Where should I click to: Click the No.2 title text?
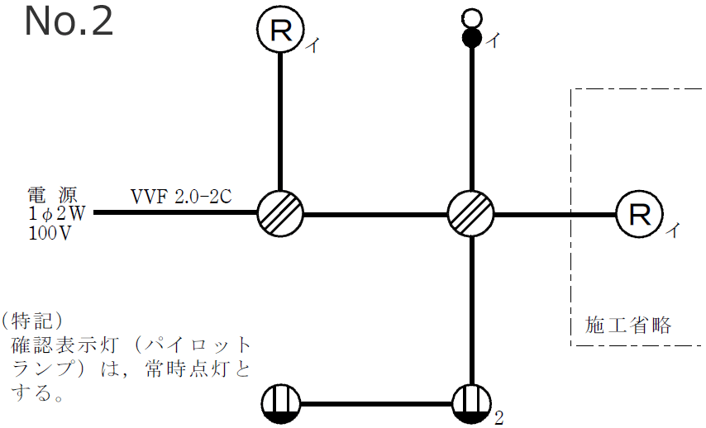[x=69, y=21]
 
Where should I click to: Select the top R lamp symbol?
[x=280, y=31]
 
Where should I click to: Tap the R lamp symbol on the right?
[x=639, y=215]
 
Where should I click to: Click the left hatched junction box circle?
[x=280, y=214]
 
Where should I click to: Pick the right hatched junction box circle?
[x=471, y=214]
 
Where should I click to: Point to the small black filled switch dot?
[x=471, y=37]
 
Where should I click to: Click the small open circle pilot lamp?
[x=471, y=17]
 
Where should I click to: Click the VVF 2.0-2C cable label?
[x=181, y=197]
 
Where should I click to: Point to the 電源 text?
[x=52, y=196]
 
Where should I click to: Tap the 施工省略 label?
[x=628, y=325]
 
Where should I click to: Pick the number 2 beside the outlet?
[x=498, y=418]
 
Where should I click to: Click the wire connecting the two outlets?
[x=376, y=405]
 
